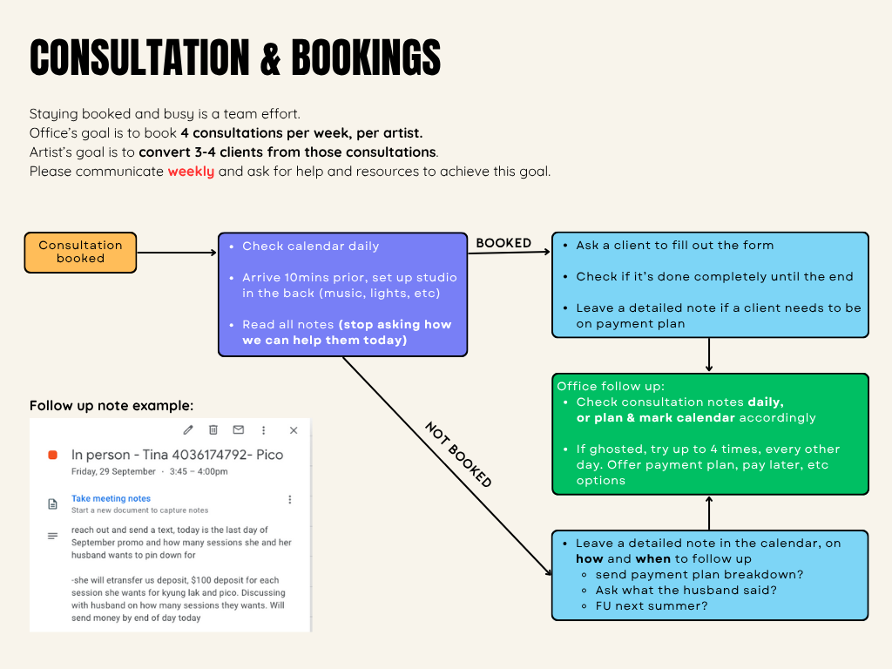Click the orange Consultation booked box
(x=80, y=253)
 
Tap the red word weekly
(x=191, y=172)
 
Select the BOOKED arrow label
(x=503, y=243)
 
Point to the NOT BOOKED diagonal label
(x=458, y=455)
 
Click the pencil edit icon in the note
(x=188, y=430)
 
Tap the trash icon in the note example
(x=213, y=430)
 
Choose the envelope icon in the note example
(x=239, y=430)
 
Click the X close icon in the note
(x=294, y=430)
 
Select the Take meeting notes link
(x=111, y=498)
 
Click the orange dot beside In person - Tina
(x=52, y=455)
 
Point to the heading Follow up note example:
(x=111, y=406)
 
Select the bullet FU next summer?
(x=652, y=605)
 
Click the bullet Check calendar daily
(x=311, y=246)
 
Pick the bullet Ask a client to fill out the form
(x=674, y=245)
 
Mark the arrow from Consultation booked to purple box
(x=177, y=253)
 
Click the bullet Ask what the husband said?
(x=686, y=590)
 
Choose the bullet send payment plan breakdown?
(x=699, y=574)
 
